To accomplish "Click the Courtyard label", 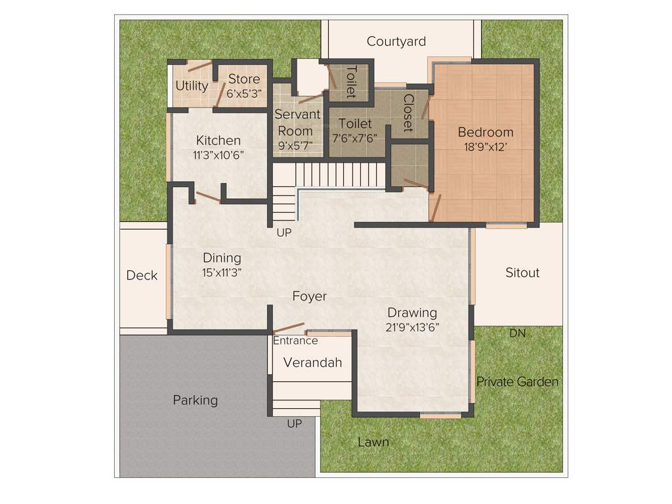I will pyautogui.click(x=396, y=41).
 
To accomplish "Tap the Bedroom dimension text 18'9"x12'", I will pyautogui.click(x=485, y=148).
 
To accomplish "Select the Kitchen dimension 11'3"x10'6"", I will pyautogui.click(x=218, y=156).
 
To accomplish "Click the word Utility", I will pyautogui.click(x=192, y=86).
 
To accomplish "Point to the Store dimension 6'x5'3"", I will pyautogui.click(x=244, y=94).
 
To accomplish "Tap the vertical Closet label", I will pyautogui.click(x=408, y=113).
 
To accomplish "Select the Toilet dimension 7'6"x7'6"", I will pyautogui.click(x=355, y=138).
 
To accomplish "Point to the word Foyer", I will pyautogui.click(x=309, y=297).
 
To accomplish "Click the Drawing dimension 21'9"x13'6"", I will pyautogui.click(x=411, y=327).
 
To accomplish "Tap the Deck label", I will pyautogui.click(x=142, y=275).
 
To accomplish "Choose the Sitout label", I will pyautogui.click(x=522, y=272).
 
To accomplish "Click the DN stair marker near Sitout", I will pyautogui.click(x=517, y=333).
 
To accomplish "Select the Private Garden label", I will pyautogui.click(x=517, y=381).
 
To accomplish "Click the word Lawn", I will pyautogui.click(x=373, y=442).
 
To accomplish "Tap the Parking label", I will pyautogui.click(x=195, y=400).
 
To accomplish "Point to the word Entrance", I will pyautogui.click(x=295, y=341).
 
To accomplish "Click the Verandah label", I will pyautogui.click(x=312, y=362).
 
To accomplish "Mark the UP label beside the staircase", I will pyautogui.click(x=283, y=232).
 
